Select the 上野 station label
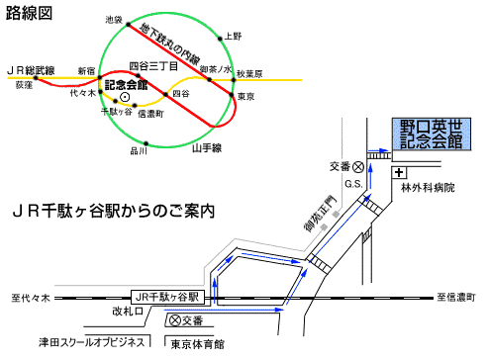233,36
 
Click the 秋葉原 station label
250,74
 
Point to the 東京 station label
248,96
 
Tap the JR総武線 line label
30,70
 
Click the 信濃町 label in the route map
149,114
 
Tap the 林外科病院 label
428,187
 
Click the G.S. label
349,184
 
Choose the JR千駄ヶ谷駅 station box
167,296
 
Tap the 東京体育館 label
198,343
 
